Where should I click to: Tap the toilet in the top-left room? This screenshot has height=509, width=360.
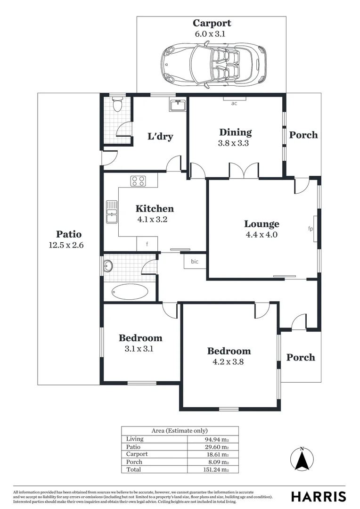[x=117, y=104]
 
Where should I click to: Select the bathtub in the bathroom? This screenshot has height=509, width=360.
[x=129, y=292]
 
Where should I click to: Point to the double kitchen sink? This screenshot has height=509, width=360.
[x=112, y=212]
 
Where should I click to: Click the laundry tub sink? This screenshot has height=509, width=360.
[x=177, y=105]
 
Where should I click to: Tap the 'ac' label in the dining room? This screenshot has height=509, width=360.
[x=234, y=103]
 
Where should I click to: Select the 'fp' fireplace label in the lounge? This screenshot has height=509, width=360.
[x=311, y=229]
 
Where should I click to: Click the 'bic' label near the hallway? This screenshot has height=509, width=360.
[x=195, y=261]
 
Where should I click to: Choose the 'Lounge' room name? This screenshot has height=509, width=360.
[x=261, y=224]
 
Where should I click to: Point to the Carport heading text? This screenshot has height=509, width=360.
[x=212, y=23]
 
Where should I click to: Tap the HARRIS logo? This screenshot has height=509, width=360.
[x=319, y=496]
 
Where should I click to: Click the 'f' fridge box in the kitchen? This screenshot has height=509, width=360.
[x=147, y=244]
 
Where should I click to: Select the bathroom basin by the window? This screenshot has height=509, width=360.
[x=109, y=265]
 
